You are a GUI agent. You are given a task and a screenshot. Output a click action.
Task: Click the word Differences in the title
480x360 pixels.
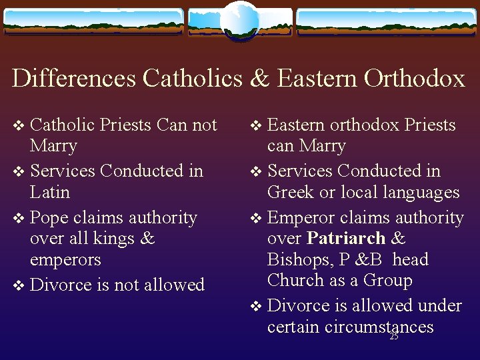74,79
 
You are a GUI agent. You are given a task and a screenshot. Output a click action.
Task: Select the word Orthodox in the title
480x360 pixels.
414,79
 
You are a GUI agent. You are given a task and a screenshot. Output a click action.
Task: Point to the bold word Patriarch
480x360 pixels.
346,239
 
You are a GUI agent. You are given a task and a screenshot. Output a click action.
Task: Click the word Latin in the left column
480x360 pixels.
50,193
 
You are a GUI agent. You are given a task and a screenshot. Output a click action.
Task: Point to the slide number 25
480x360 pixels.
393,337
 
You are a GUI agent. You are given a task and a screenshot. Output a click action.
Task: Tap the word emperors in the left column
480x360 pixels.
65,260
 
